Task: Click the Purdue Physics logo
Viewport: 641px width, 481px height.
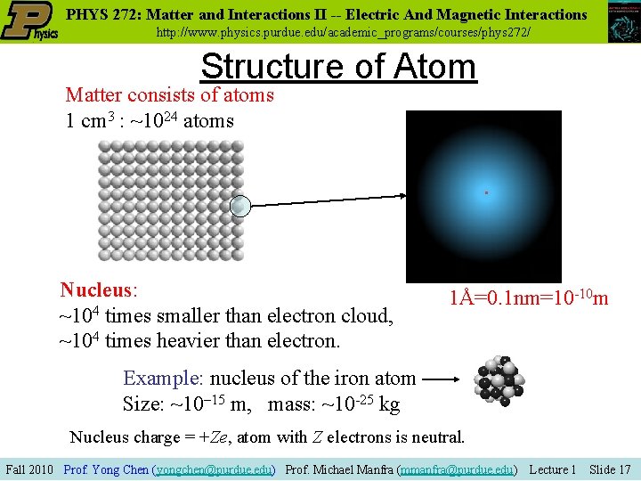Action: pyautogui.click(x=29, y=21)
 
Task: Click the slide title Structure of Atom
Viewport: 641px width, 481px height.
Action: pyautogui.click(x=338, y=67)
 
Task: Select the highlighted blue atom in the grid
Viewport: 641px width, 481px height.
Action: pyautogui.click(x=240, y=207)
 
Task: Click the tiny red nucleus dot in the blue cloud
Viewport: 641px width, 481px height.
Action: pyautogui.click(x=486, y=192)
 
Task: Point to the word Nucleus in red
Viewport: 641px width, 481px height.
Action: pyautogui.click(x=96, y=290)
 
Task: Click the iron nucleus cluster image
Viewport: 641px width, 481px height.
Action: pyautogui.click(x=499, y=382)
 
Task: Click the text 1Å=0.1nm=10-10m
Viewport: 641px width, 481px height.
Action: pyautogui.click(x=529, y=298)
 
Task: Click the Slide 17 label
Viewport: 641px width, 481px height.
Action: pyautogui.click(x=610, y=469)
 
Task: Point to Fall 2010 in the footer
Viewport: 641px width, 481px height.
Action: pyautogui.click(x=30, y=469)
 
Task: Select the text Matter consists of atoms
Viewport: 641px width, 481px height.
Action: pyautogui.click(x=169, y=94)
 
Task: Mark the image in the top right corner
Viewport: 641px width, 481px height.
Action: pyautogui.click(x=622, y=22)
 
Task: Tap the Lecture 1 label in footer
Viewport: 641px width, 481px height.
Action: pyautogui.click(x=552, y=469)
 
